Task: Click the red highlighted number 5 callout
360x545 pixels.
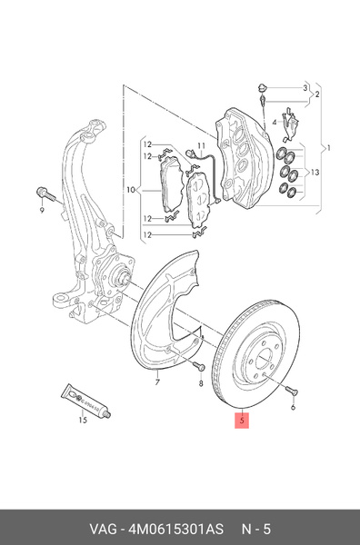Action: (x=242, y=420)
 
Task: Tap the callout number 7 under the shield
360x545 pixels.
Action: (x=157, y=382)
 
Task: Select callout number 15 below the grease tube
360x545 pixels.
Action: (x=83, y=421)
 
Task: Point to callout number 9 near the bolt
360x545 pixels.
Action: (x=42, y=211)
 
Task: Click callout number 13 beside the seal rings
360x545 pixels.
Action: (x=315, y=173)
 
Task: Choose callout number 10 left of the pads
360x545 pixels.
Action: (x=130, y=190)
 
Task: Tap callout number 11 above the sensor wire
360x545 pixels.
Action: (x=202, y=146)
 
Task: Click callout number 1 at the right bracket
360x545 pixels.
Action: (x=328, y=148)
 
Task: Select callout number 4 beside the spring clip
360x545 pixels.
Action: (x=275, y=123)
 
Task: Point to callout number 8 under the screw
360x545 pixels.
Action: (x=201, y=383)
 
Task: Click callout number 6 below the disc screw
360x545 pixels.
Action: (x=293, y=407)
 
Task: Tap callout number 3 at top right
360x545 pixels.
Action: (x=305, y=87)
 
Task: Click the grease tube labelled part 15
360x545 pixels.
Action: (x=86, y=400)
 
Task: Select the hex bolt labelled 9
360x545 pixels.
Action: (x=45, y=194)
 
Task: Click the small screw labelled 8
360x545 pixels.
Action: (x=198, y=366)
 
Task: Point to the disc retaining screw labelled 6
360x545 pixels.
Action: (x=292, y=391)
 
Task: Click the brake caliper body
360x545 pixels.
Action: (x=244, y=158)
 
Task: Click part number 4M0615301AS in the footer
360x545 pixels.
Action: (x=176, y=529)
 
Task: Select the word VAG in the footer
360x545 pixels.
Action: (x=104, y=529)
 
